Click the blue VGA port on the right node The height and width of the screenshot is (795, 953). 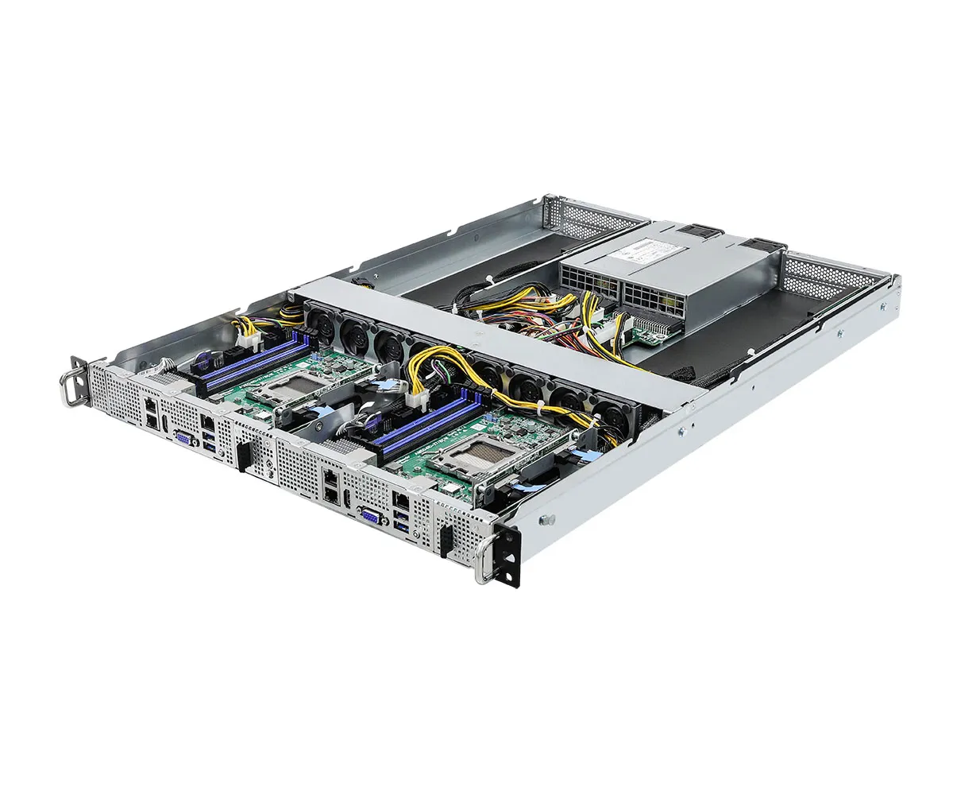point(370,514)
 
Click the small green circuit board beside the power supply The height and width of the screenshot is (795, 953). point(653,333)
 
